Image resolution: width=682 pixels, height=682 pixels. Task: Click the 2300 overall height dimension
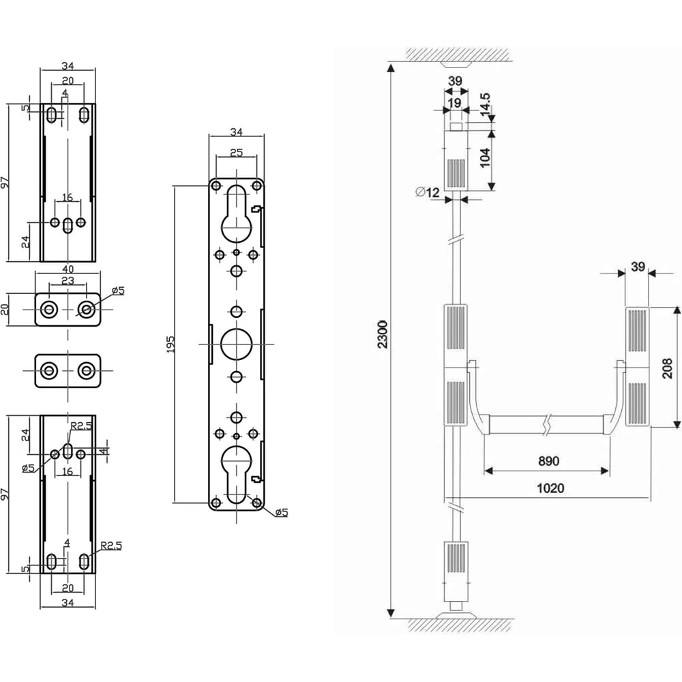pyautogui.click(x=383, y=334)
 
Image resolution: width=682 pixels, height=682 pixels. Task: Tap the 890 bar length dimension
pyautogui.click(x=548, y=460)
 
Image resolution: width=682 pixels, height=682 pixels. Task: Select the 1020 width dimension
pyautogui.click(x=550, y=488)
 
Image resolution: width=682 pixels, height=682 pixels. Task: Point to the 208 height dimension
pyautogui.click(x=667, y=368)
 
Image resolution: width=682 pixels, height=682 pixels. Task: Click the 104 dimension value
pyautogui.click(x=485, y=157)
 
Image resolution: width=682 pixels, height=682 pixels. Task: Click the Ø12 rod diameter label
pyautogui.click(x=428, y=192)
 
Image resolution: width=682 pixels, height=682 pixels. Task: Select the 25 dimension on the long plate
pyautogui.click(x=236, y=153)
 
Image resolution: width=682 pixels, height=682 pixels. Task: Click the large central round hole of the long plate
pyautogui.click(x=236, y=344)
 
